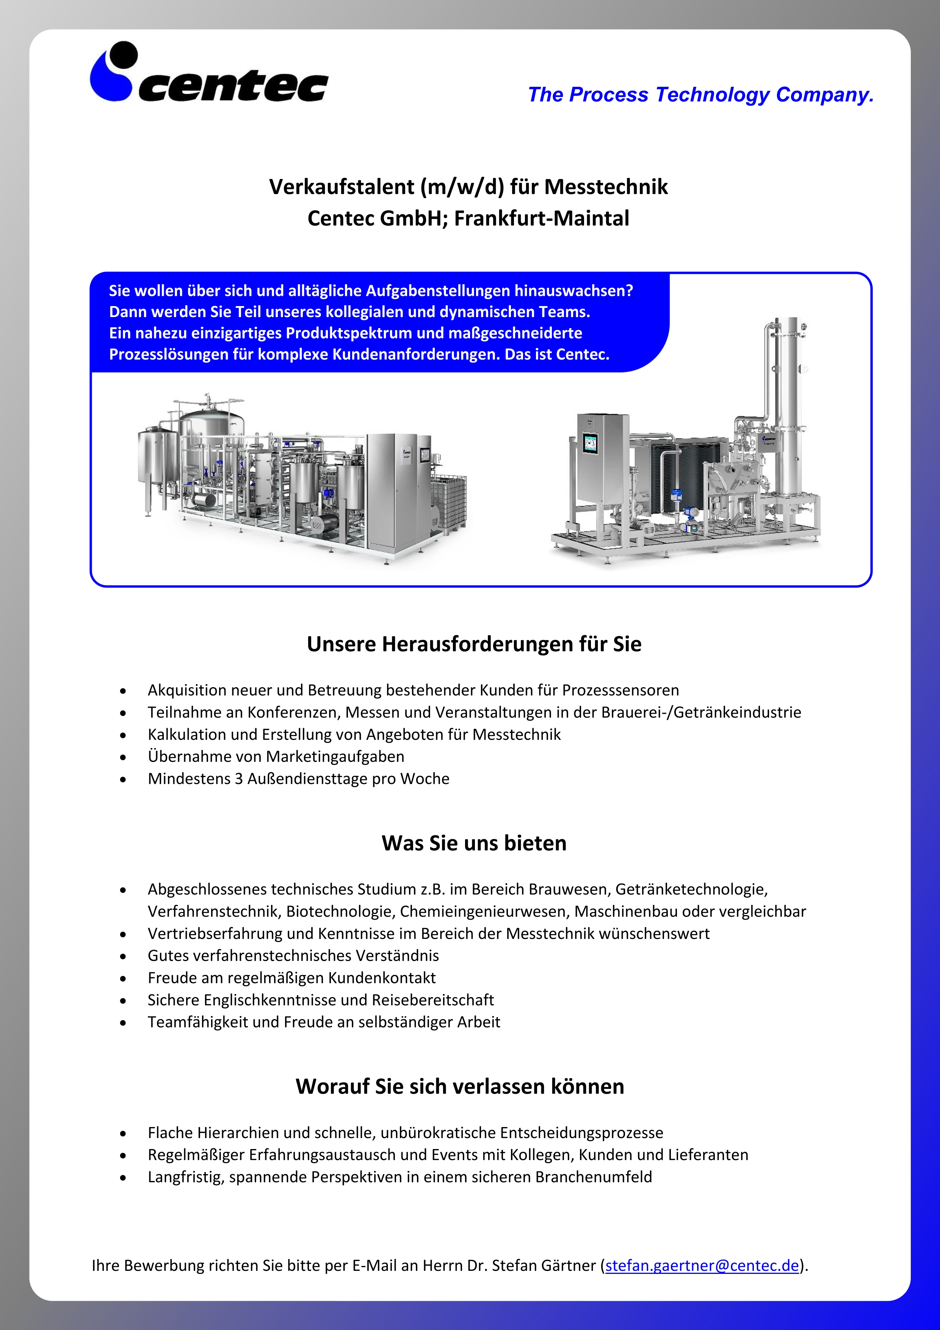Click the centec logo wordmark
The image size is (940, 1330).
click(233, 87)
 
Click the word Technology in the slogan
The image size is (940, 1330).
click(712, 94)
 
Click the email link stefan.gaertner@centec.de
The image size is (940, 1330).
click(702, 1265)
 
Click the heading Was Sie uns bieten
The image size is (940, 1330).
click(473, 843)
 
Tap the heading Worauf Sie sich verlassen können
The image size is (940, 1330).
click(460, 1086)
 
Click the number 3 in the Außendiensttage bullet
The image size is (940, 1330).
click(238, 779)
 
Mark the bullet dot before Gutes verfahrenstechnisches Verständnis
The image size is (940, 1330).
click(123, 956)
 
